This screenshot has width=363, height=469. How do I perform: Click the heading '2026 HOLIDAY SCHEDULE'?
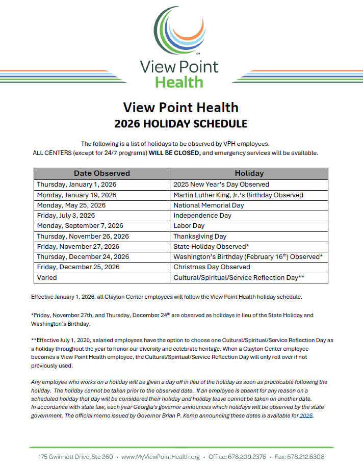181,124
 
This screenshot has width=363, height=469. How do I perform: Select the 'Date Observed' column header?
102,173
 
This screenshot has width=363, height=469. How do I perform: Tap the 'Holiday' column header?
249,173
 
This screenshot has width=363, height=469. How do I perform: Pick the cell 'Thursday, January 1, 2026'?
76,185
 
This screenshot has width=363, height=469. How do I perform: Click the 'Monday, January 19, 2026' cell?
76,195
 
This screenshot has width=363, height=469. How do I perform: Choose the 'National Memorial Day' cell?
209,205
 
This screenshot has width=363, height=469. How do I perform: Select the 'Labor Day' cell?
189,226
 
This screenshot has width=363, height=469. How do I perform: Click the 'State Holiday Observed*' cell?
211,247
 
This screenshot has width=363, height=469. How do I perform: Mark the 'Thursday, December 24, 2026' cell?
83,257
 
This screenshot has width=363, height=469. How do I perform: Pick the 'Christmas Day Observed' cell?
212,267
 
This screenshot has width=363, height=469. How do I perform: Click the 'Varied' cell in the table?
47,278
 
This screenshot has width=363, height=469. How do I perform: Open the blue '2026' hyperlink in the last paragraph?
306,416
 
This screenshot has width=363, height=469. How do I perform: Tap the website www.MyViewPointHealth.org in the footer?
160,457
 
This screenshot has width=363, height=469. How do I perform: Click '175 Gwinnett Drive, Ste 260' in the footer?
75,457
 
